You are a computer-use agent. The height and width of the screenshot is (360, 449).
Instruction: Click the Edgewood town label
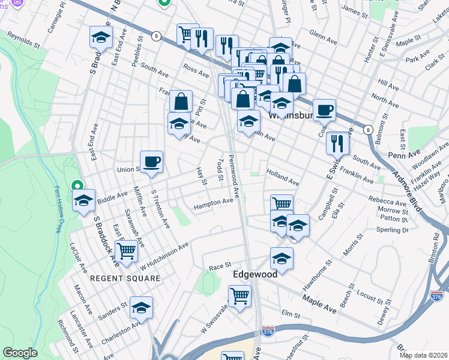(255, 274)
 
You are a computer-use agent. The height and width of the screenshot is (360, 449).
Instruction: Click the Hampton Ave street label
(213, 204)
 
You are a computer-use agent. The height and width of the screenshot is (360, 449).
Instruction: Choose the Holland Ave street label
(283, 178)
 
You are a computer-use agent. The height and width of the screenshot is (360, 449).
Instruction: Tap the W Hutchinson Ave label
(164, 255)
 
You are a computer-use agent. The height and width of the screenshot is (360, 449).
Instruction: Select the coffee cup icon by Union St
(151, 161)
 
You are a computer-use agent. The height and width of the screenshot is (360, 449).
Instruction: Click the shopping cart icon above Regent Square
(126, 250)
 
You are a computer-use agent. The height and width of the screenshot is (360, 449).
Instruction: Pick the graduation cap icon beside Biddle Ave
(84, 200)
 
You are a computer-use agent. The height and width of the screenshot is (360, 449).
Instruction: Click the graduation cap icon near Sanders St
(141, 307)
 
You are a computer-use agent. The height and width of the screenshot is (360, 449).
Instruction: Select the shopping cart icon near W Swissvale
(239, 295)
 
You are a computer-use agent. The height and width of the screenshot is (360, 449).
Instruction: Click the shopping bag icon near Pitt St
(181, 101)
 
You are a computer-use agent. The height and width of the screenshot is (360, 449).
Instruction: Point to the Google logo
(20, 353)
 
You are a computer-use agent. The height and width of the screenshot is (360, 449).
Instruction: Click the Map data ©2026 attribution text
(424, 355)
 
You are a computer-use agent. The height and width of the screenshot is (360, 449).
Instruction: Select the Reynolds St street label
(23, 41)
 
